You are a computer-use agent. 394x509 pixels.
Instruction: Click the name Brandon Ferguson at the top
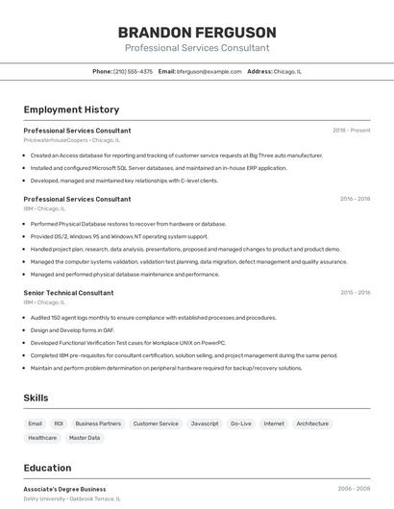pyautogui.click(x=197, y=32)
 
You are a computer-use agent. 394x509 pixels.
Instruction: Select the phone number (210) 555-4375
pyautogui.click(x=133, y=71)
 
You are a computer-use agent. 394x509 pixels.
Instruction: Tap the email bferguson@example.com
pyautogui.click(x=209, y=71)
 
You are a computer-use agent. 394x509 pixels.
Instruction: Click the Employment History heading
pyautogui.click(x=71, y=109)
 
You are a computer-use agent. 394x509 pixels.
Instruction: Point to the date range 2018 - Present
pyautogui.click(x=351, y=130)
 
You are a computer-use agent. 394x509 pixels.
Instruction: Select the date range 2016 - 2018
pyautogui.click(x=355, y=199)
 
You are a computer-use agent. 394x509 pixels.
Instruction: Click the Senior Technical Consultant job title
pyautogui.click(x=68, y=292)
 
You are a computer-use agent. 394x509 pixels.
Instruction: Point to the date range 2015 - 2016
pyautogui.click(x=355, y=292)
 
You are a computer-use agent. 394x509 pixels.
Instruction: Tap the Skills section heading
pyautogui.click(x=37, y=398)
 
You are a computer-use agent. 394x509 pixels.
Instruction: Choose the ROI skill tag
pyautogui.click(x=59, y=424)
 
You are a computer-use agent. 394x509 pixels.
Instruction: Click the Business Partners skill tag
pyautogui.click(x=98, y=424)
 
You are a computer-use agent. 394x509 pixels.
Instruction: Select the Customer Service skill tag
pyautogui.click(x=156, y=424)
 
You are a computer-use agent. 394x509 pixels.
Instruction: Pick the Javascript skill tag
pyautogui.click(x=205, y=424)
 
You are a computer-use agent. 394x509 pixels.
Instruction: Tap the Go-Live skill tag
pyautogui.click(x=240, y=424)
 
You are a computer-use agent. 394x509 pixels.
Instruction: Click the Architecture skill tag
pyautogui.click(x=312, y=424)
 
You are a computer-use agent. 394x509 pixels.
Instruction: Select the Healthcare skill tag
pyautogui.click(x=42, y=438)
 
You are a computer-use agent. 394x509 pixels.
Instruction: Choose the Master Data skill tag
pyautogui.click(x=85, y=438)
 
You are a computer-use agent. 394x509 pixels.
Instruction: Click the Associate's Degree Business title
pyautogui.click(x=64, y=489)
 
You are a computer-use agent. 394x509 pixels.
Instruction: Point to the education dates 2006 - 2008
pyautogui.click(x=354, y=489)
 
